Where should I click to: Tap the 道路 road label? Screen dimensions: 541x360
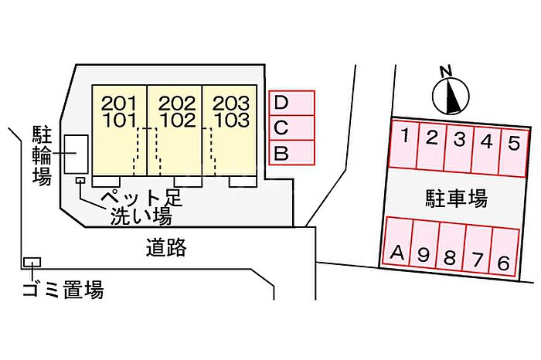tap(166, 248)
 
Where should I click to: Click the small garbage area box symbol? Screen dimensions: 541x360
tap(32, 263)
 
